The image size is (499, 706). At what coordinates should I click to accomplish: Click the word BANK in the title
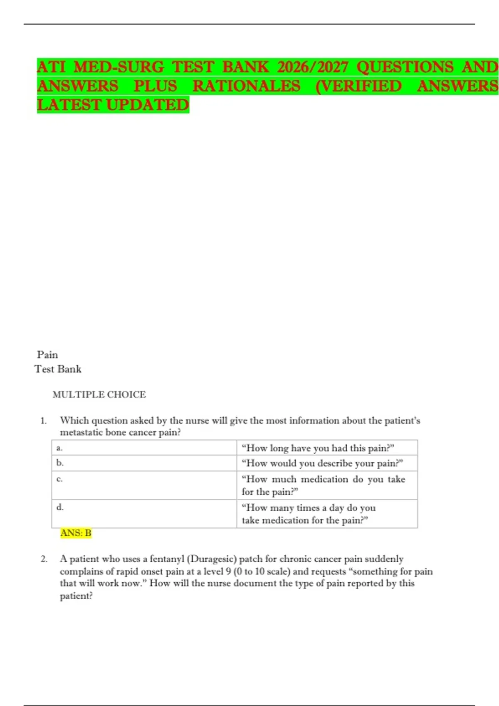point(245,67)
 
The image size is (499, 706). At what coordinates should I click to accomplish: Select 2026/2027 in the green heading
point(312,67)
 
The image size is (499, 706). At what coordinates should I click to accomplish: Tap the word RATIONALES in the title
point(246,86)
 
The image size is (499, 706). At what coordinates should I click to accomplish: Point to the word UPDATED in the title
point(148,105)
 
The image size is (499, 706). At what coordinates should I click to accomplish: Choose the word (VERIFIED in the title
point(358,86)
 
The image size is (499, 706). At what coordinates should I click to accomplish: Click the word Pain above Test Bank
point(47,355)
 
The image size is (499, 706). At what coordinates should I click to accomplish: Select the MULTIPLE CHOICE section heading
point(99,395)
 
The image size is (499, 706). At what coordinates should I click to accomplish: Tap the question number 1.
point(43,421)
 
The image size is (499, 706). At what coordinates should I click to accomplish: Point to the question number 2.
point(44,559)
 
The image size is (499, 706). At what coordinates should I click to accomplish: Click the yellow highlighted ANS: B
point(76,533)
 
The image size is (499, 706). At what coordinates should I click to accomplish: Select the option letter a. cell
point(59,448)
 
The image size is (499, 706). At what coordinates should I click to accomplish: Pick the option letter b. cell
point(60,463)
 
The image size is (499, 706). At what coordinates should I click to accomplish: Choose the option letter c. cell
point(59,479)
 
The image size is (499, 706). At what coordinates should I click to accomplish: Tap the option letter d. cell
point(60,507)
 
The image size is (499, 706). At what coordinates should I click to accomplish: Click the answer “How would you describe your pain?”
point(322,463)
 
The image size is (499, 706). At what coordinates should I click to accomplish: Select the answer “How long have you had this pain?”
point(318,448)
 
